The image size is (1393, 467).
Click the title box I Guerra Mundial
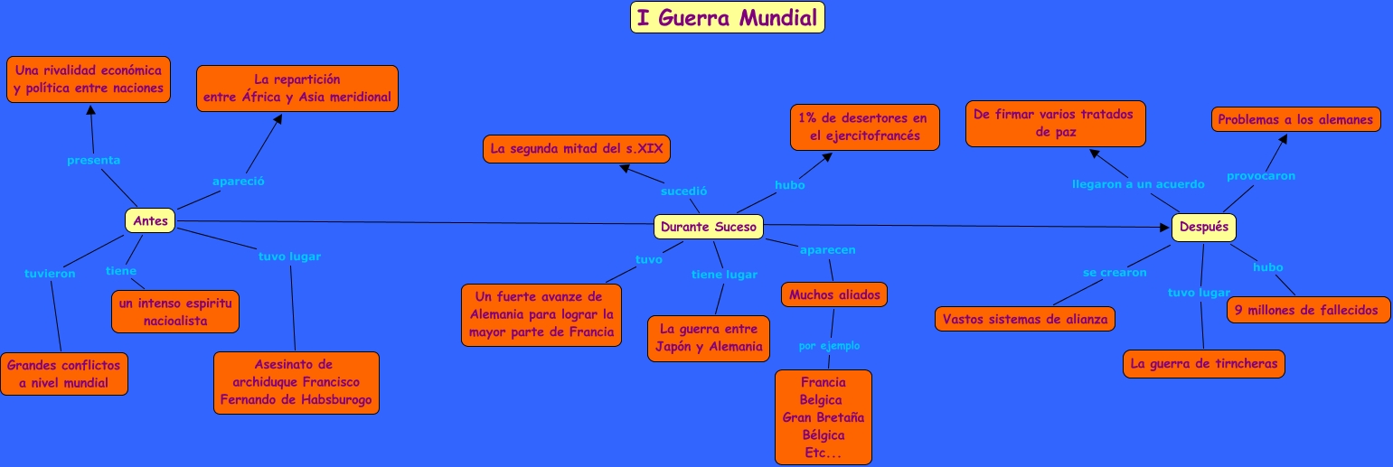pos(727,18)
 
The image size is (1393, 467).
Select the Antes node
pos(150,220)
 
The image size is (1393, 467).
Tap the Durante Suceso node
pos(708,227)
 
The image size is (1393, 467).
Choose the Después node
pos(1203,227)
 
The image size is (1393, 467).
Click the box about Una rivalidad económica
pos(89,79)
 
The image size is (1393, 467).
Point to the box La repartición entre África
pos(296,89)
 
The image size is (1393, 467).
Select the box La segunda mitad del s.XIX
pos(576,148)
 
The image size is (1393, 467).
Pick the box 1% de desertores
pos(864,127)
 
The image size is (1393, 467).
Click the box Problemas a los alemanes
pos(1294,119)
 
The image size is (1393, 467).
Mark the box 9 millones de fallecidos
pos(1307,310)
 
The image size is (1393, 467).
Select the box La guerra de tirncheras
pos(1203,364)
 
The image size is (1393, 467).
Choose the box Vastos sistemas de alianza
pos(1024,319)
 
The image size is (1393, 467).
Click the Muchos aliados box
pos(833,294)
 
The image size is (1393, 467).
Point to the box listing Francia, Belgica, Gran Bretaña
pos(823,417)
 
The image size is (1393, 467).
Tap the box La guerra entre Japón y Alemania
pos(709,338)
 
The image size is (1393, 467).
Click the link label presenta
pos(93,160)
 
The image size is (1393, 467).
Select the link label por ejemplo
pos(829,346)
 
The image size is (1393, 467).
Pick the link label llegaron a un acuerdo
pos(1137,184)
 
